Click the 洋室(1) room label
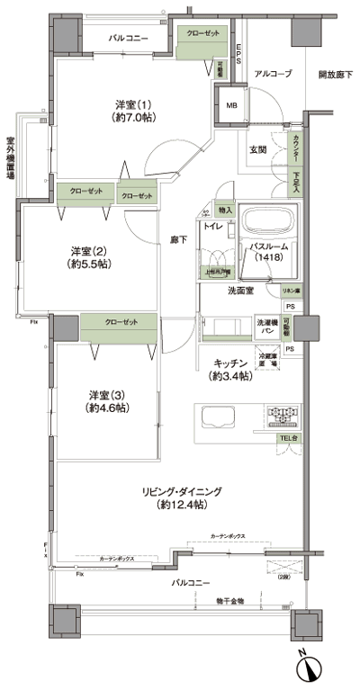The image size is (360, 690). click(x=132, y=110)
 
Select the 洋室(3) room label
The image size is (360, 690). click(x=109, y=400)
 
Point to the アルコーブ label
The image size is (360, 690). click(x=272, y=74)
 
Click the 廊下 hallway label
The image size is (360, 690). click(x=179, y=240)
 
